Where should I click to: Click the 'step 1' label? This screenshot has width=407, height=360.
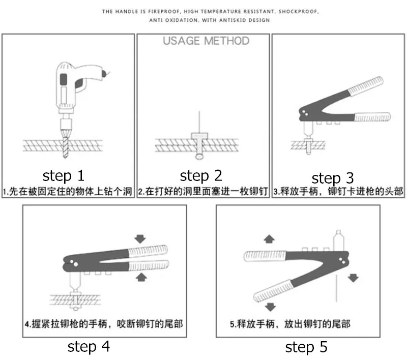[64, 176]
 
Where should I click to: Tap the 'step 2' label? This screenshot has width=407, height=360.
[201, 176]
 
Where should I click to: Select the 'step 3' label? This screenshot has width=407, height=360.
[333, 178]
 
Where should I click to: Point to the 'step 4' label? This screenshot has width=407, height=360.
[89, 346]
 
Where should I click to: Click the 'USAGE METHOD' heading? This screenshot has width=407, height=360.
[206, 41]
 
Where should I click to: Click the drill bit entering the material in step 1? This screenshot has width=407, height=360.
[66, 146]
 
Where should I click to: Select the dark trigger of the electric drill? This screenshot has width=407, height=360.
[79, 83]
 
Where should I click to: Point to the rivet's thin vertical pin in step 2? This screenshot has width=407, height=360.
[199, 122]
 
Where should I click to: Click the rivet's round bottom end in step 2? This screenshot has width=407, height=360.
[199, 157]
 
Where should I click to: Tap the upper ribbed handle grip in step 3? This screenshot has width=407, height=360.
[366, 85]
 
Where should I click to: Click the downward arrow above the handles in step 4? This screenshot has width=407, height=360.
[140, 238]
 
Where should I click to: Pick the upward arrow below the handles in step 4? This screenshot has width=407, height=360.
[141, 277]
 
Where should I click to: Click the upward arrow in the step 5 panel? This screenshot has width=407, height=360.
[269, 239]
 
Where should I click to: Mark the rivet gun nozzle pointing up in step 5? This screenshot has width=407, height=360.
[338, 241]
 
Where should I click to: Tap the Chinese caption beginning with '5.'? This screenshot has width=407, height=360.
[290, 324]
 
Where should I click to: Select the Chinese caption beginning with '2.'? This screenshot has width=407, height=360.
[202, 191]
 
